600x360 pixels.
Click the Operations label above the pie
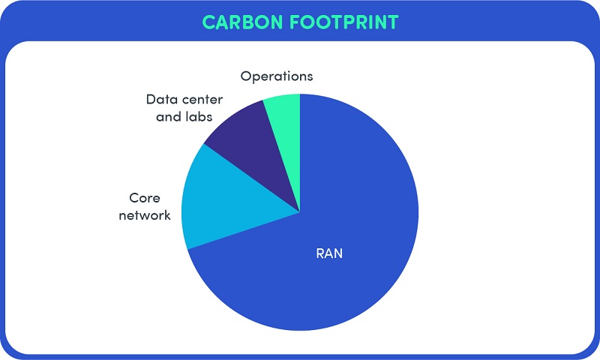click(x=277, y=76)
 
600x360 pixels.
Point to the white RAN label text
click(x=329, y=253)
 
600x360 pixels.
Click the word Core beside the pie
click(x=145, y=198)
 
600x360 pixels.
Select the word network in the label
click(x=145, y=215)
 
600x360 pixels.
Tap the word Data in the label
click(x=160, y=100)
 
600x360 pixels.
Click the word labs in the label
click(x=199, y=116)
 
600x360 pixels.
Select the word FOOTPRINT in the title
click(x=344, y=22)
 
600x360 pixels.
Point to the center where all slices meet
click(x=300, y=212)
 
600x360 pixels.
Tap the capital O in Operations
click(x=246, y=76)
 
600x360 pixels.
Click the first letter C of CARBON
click(x=208, y=22)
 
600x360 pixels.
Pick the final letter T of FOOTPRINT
click(x=392, y=22)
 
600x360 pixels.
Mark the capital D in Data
click(x=151, y=100)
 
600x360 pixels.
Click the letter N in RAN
click(x=338, y=253)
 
